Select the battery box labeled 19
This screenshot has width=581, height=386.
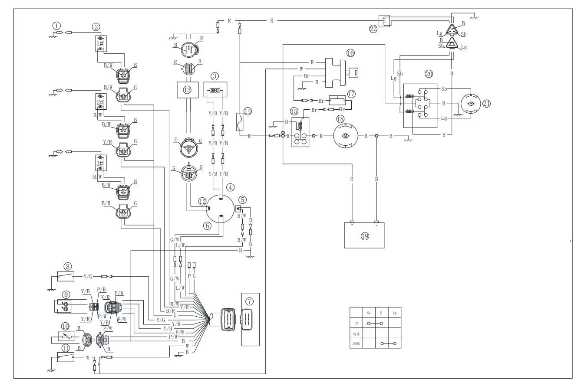pyautogui.click(x=364, y=236)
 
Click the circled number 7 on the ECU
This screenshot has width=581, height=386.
pyautogui.click(x=249, y=300)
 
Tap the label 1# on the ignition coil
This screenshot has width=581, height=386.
pyautogui.click(x=100, y=43)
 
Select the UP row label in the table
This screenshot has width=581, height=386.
pyautogui.click(x=356, y=323)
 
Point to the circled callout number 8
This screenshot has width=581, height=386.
pyautogui.click(x=68, y=266)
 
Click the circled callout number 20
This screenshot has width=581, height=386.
pyautogui.click(x=429, y=74)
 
